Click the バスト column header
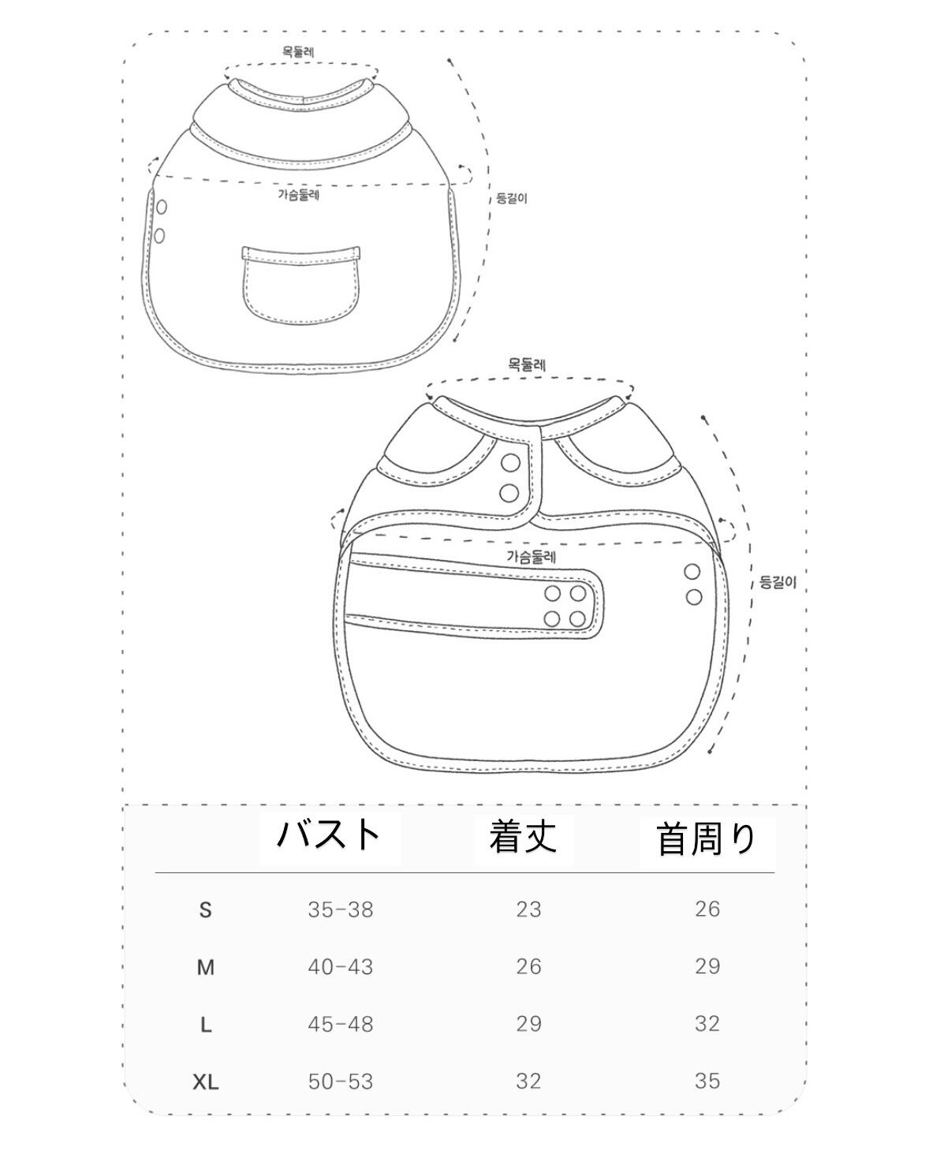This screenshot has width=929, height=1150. click(330, 835)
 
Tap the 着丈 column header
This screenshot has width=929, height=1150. click(522, 837)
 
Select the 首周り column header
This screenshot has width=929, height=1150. click(707, 838)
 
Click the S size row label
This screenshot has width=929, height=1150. click(206, 910)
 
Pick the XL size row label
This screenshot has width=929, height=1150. click(206, 1082)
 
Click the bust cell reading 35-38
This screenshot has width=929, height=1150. click(341, 909)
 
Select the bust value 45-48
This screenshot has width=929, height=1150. click(341, 1024)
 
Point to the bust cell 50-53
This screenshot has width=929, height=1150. click(341, 1081)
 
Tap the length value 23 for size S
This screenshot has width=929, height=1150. click(528, 909)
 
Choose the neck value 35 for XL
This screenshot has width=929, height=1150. click(707, 1081)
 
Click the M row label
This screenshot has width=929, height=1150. click(206, 968)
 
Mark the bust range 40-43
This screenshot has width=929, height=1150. click(341, 967)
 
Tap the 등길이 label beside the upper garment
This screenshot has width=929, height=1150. click(510, 198)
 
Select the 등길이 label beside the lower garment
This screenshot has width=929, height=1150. click(778, 583)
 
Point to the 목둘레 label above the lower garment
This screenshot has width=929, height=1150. click(527, 364)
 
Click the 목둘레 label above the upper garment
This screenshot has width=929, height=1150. click(300, 52)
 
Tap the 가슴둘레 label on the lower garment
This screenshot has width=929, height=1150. click(532, 556)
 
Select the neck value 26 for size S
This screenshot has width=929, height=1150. click(707, 909)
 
